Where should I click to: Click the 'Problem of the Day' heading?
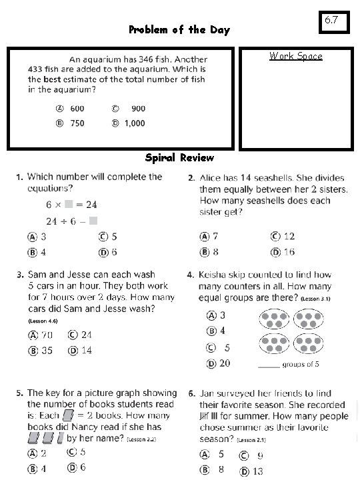pos(179,30)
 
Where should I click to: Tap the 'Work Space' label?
pos(295,56)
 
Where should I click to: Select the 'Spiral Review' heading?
pos(179,158)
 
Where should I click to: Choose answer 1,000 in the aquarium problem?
pos(134,123)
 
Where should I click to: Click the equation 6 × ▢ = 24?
pos(71,204)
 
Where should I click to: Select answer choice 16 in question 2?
pos(289,252)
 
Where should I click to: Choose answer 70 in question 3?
pos(47,334)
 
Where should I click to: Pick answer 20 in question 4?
pos(225,363)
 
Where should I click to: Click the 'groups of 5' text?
pos(301,365)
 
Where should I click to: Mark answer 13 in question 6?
pos(257,471)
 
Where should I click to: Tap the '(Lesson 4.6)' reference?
pos(43,321)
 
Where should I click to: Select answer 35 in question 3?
pos(47,350)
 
